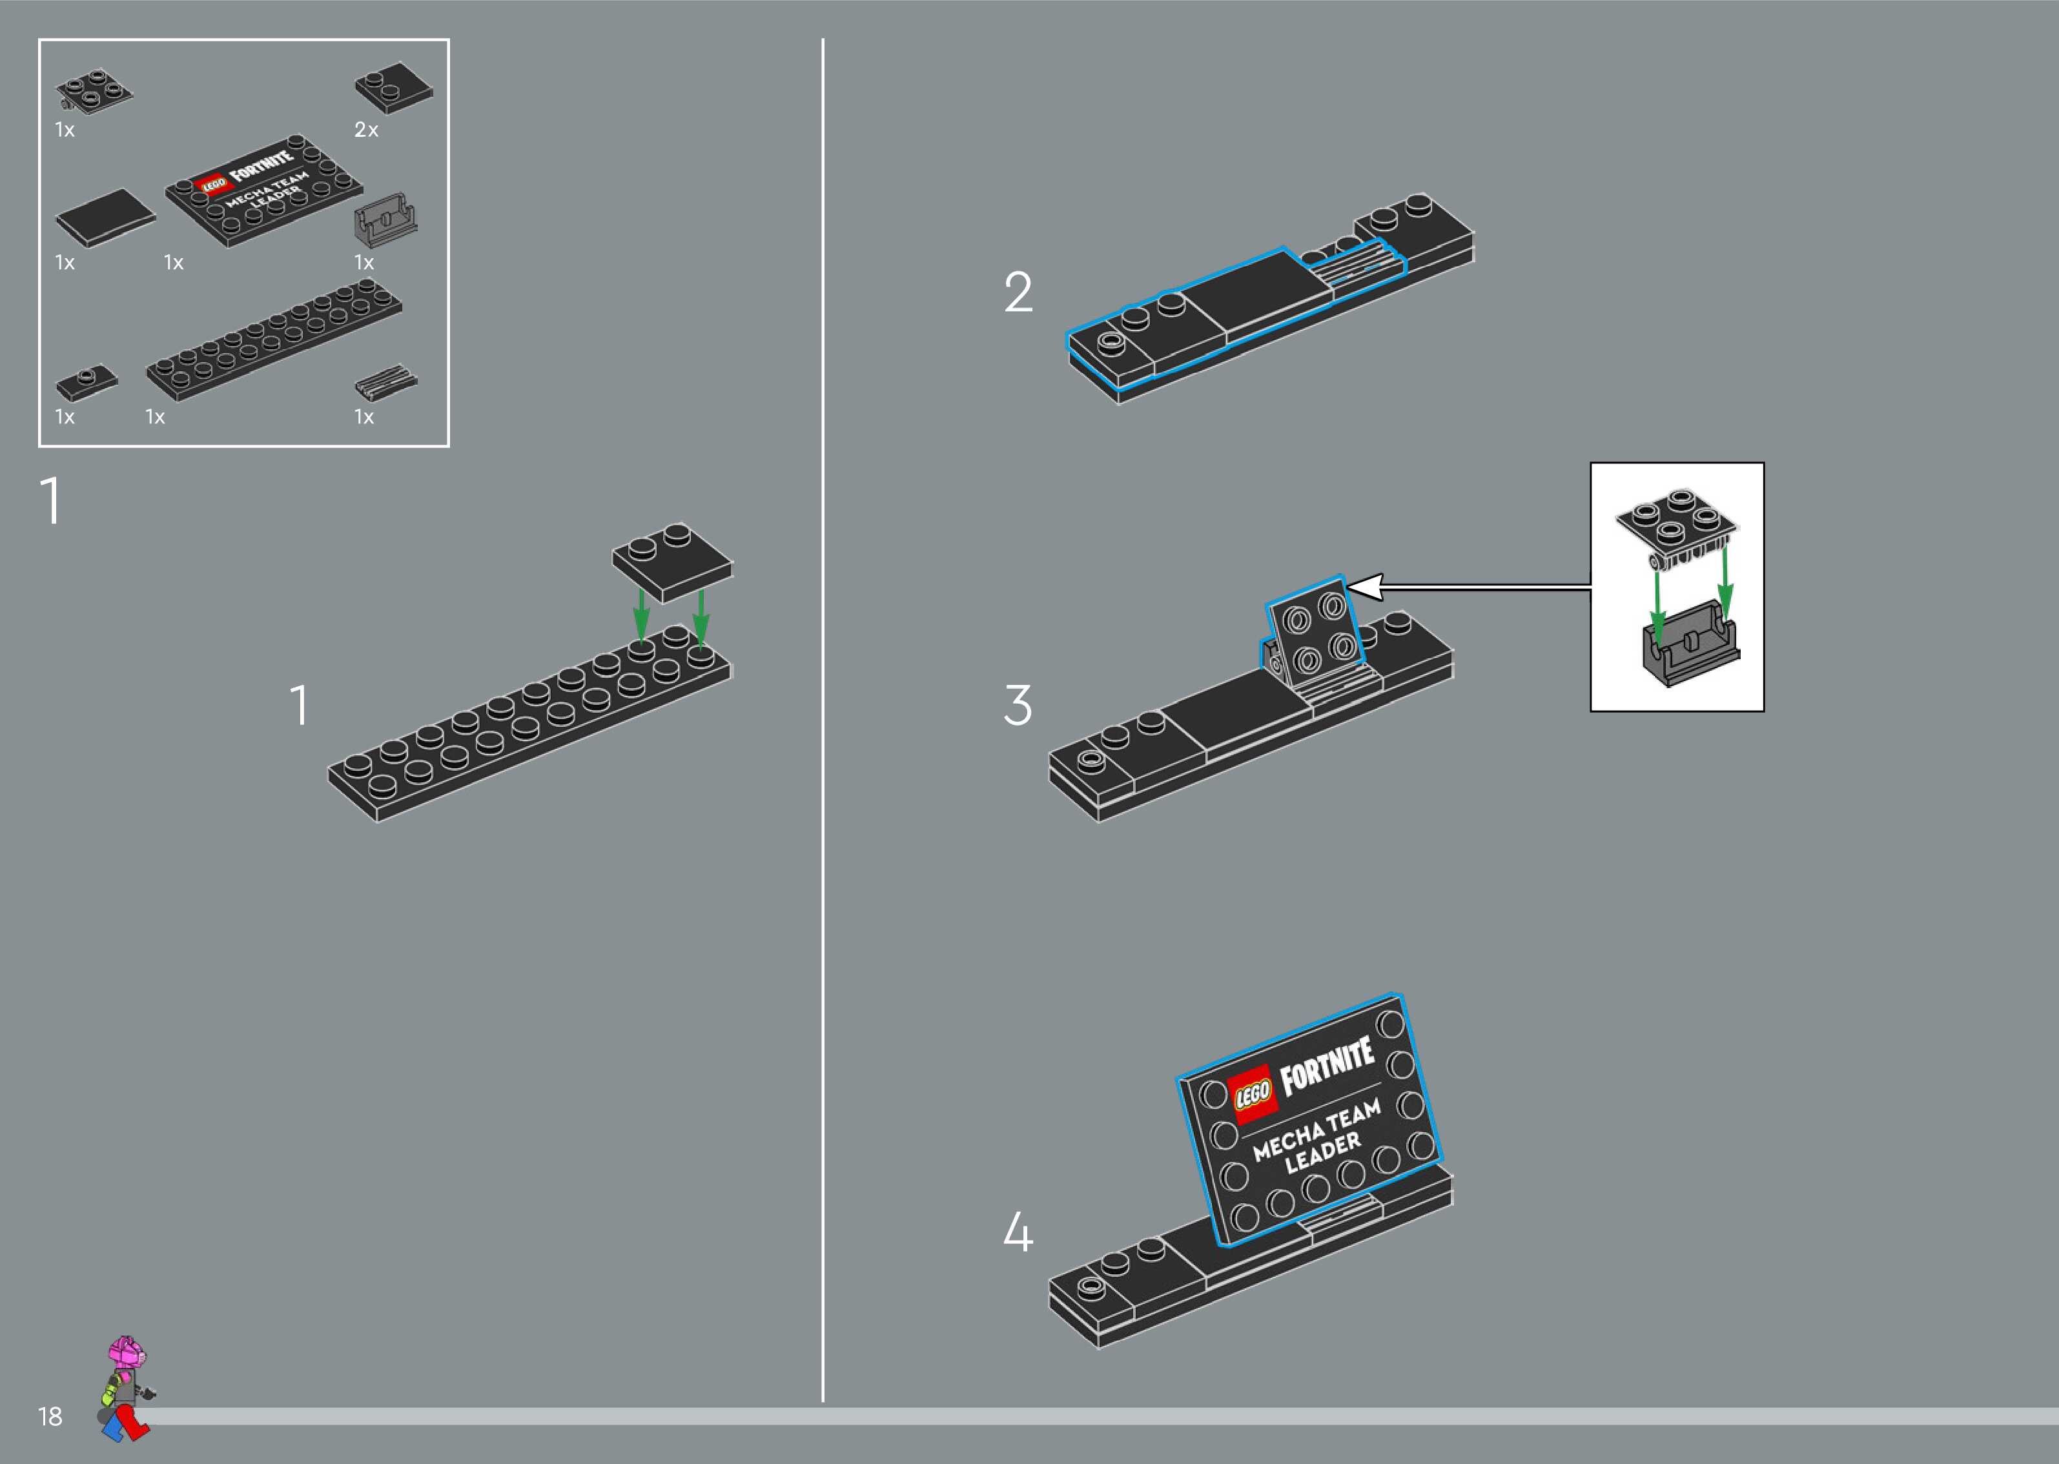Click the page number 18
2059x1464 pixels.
(50, 1416)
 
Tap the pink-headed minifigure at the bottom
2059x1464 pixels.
(126, 1389)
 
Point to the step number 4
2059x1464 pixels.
(1018, 1232)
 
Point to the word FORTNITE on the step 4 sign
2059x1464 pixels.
(1327, 1066)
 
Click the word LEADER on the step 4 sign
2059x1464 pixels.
(1322, 1155)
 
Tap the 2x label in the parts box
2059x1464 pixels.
(366, 130)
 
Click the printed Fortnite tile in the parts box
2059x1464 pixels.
(263, 190)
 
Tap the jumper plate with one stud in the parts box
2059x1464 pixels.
(87, 381)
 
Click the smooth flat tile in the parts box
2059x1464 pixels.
(105, 218)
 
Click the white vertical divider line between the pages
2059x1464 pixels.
(822, 721)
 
